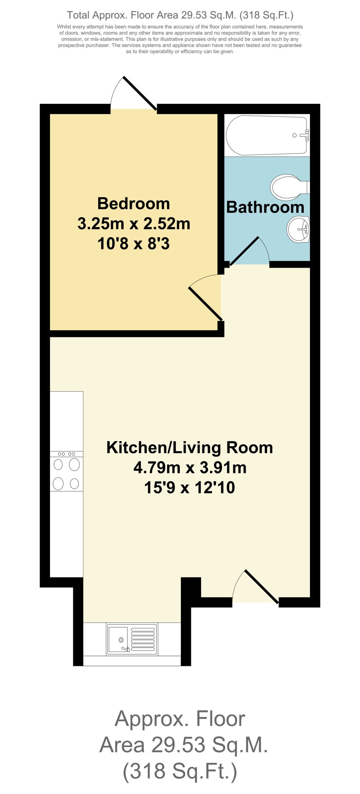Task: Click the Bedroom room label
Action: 133,204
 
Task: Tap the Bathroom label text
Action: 265,207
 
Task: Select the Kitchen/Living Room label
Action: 189,447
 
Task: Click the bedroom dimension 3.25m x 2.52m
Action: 133,224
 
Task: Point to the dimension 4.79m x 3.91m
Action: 189,468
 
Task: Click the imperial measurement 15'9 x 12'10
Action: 189,488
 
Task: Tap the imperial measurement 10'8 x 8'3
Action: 133,243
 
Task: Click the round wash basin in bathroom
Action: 298,229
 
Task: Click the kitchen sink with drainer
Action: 132,639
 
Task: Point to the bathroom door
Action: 245,250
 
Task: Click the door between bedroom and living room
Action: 206,303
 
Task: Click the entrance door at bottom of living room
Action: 261,586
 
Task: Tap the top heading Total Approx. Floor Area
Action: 180,15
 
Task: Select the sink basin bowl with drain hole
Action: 119,639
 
